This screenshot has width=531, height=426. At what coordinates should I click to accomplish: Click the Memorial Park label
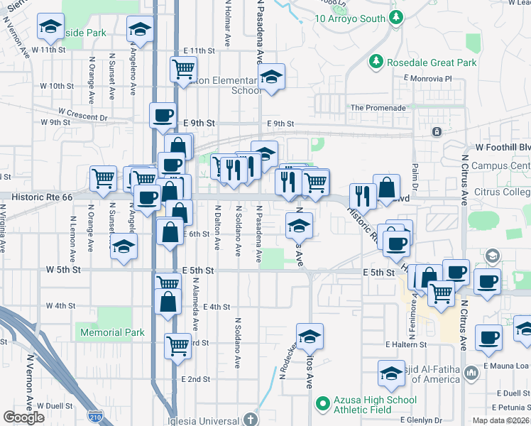(112, 332)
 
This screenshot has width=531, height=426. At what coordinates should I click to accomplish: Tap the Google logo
(23, 417)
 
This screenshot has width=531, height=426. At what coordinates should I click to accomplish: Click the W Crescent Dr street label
(83, 113)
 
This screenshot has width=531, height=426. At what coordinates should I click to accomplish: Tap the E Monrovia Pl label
(427, 78)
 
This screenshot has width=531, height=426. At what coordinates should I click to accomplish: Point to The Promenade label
(378, 108)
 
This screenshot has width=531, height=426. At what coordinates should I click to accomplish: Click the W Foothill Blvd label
(503, 147)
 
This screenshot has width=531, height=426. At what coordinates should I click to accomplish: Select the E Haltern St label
(406, 344)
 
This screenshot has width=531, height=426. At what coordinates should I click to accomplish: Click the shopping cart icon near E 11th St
(183, 69)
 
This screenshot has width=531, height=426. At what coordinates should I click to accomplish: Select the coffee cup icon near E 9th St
(163, 114)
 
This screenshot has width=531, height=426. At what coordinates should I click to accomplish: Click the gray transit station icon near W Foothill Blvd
(437, 132)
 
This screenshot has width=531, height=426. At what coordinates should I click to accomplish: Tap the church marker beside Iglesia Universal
(250, 419)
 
